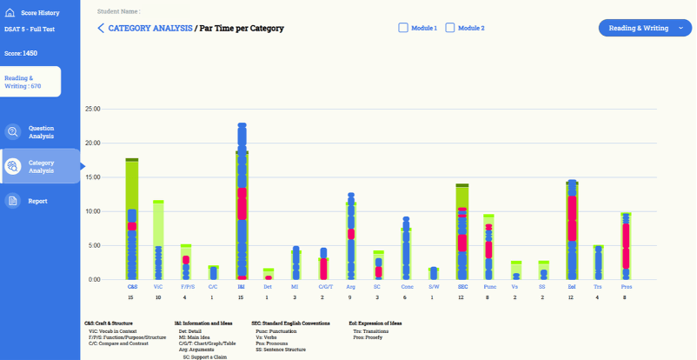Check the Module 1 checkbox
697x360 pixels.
[x=403, y=28]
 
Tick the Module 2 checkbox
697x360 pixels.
[x=450, y=28]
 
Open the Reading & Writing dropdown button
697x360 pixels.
[x=645, y=28]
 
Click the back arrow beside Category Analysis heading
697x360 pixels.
[x=101, y=29]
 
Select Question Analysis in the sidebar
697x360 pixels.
[x=40, y=132]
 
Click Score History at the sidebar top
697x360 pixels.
[x=40, y=14]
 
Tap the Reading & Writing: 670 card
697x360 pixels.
[x=30, y=82]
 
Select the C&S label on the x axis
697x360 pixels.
[x=132, y=285]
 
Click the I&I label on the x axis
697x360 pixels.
[x=242, y=285]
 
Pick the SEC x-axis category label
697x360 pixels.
[x=462, y=285]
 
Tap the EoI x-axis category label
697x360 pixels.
[x=571, y=285]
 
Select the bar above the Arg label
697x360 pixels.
[x=351, y=239]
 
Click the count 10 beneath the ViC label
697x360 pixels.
[x=158, y=297]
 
